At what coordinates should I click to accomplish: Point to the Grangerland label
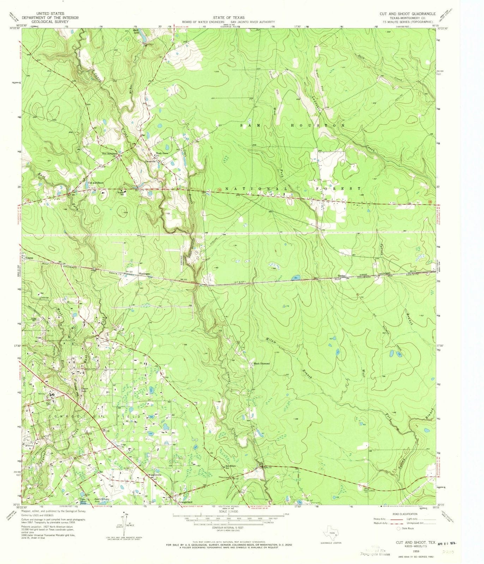pyautogui.click(x=185, y=502)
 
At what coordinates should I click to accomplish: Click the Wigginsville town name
pyautogui.click(x=154, y=475)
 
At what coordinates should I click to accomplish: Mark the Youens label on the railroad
pyautogui.click(x=29, y=258)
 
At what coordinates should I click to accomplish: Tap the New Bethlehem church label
pyautogui.click(x=109, y=154)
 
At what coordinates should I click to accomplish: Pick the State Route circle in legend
pyautogui.click(x=399, y=528)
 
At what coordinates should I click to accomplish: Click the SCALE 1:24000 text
pyautogui.click(x=229, y=511)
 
